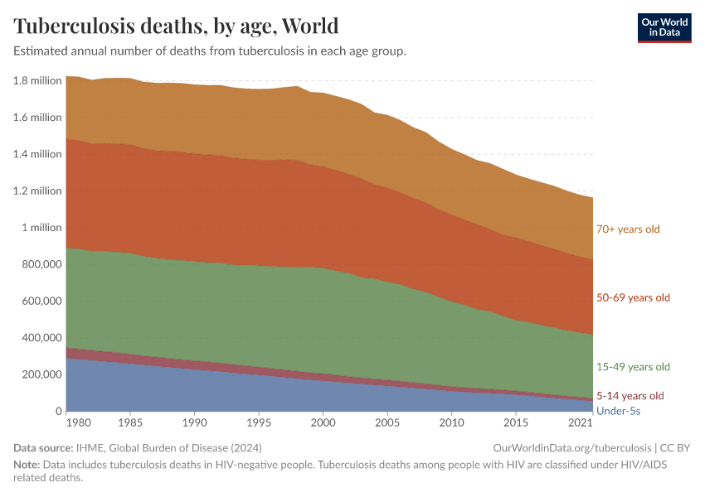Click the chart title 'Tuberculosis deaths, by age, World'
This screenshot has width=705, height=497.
(176, 26)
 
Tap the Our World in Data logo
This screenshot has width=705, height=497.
(664, 27)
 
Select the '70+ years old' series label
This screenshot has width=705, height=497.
(628, 229)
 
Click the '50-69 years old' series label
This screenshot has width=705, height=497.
(633, 297)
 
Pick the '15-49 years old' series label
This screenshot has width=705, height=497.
(633, 367)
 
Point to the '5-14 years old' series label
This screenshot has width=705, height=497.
(630, 396)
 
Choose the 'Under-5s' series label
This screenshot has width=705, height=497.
(618, 411)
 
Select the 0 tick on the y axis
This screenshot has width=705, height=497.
(58, 412)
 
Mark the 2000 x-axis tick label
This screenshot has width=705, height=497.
(323, 424)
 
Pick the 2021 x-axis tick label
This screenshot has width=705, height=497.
(581, 424)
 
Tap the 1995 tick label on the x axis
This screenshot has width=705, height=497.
(259, 424)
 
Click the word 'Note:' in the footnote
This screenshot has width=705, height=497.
(27, 465)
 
